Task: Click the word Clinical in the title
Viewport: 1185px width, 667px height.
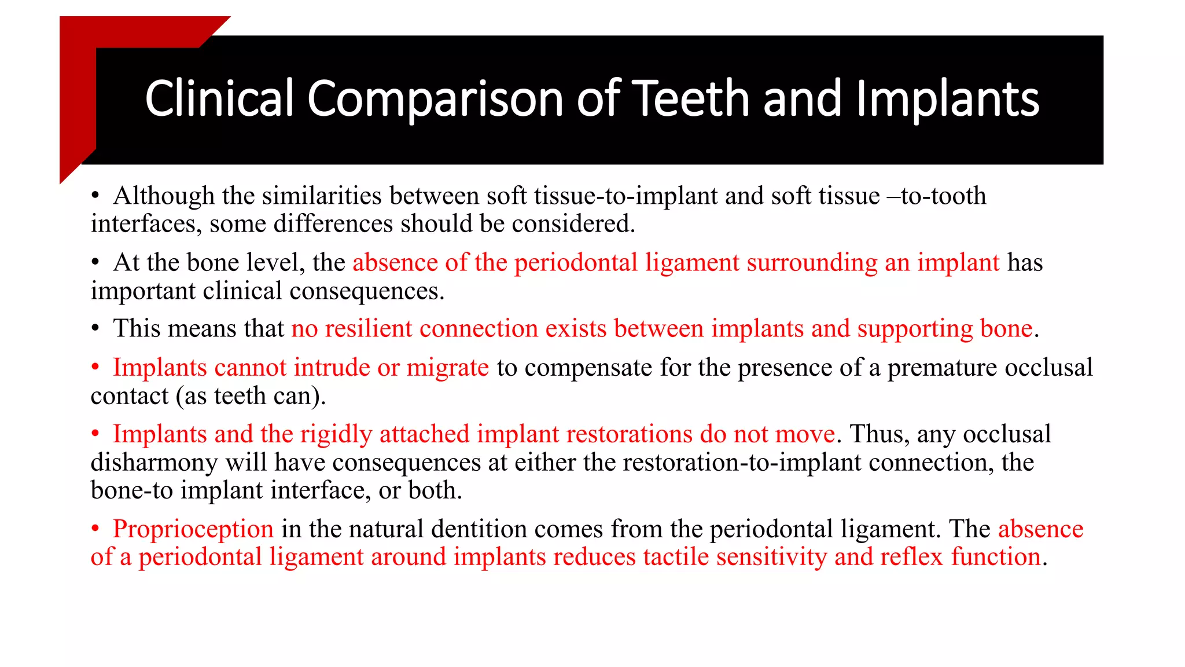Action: (x=219, y=98)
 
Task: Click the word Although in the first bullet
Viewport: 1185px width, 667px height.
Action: (x=164, y=196)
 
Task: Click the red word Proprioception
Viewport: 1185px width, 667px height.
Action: (x=193, y=529)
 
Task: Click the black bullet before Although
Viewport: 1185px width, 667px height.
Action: (x=96, y=196)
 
